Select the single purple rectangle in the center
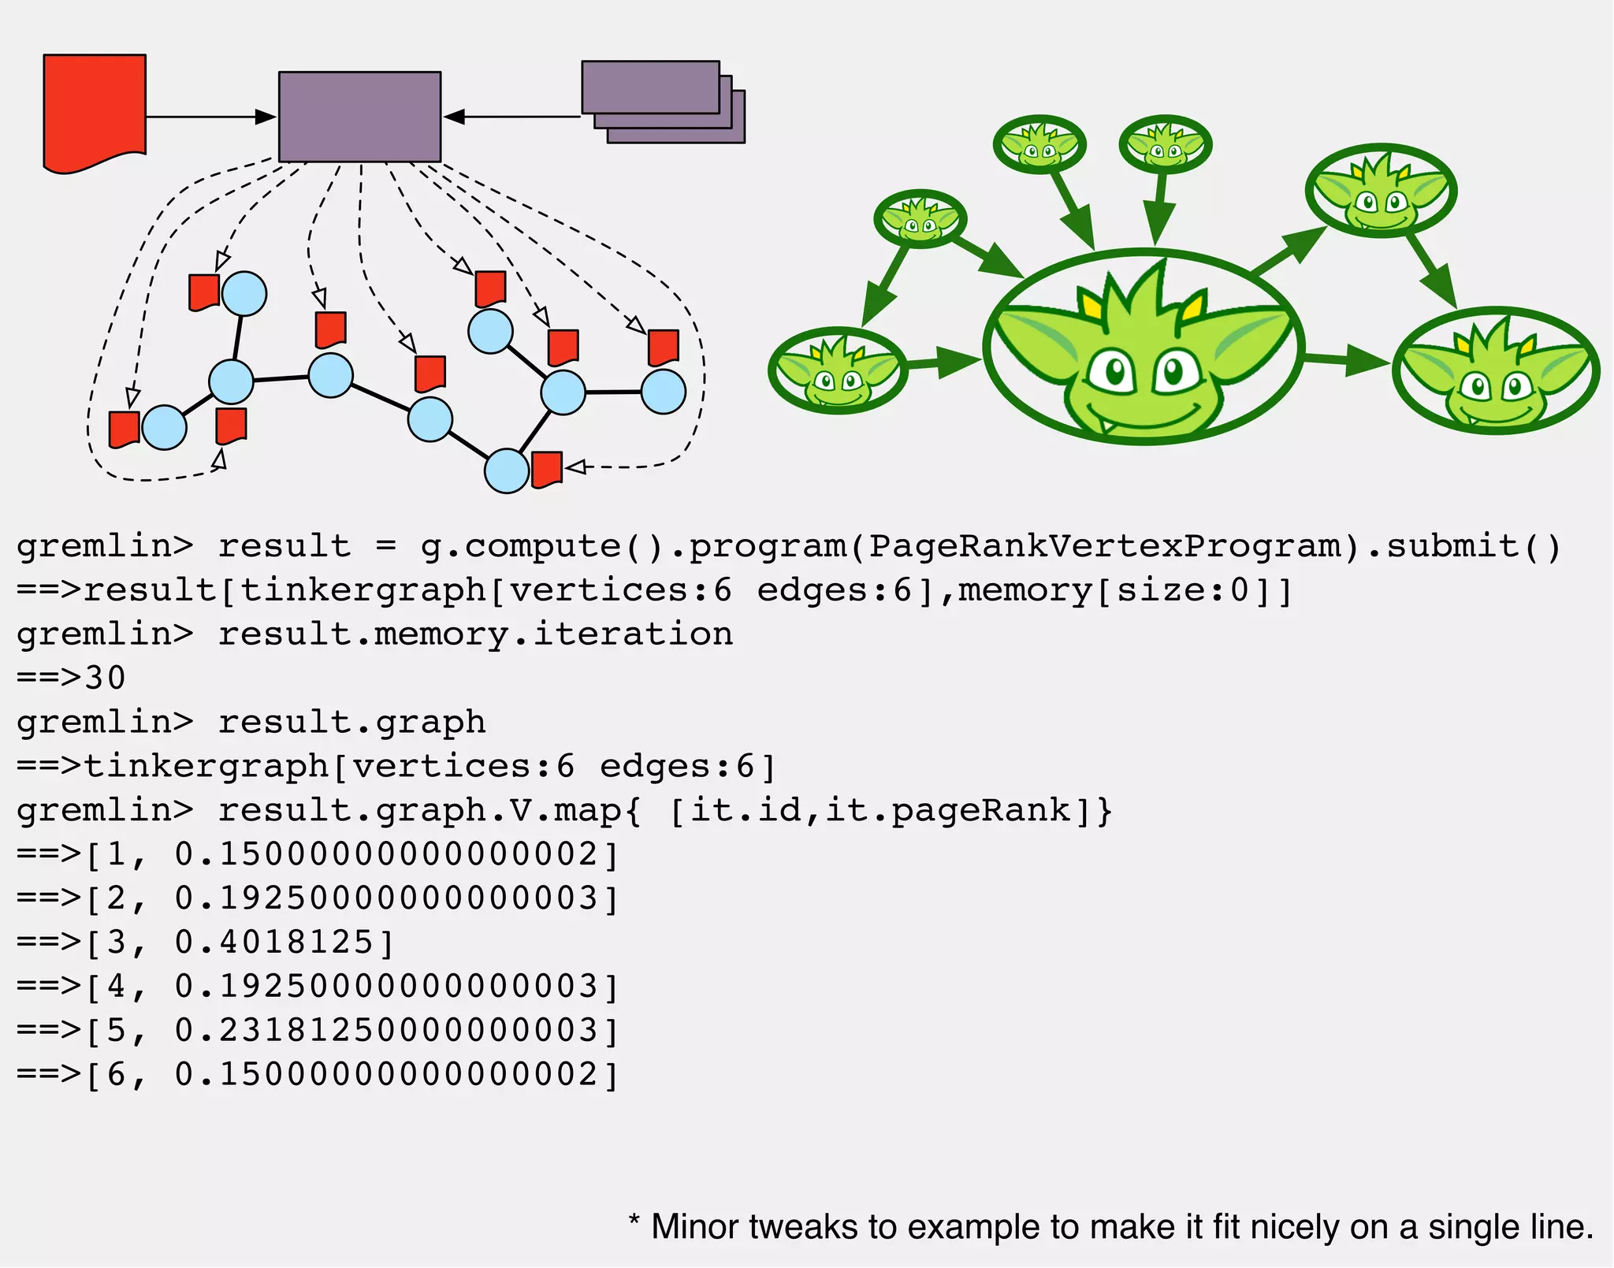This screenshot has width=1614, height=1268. [359, 117]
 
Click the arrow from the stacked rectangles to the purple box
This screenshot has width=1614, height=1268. [512, 117]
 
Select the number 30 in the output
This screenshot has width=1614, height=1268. [106, 678]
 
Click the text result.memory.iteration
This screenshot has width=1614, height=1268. [474, 634]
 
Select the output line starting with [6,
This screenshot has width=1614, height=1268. [315, 1075]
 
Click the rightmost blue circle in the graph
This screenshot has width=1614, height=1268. [663, 392]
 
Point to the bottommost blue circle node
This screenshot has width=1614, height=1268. [506, 471]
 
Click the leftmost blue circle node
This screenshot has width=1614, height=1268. [164, 428]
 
